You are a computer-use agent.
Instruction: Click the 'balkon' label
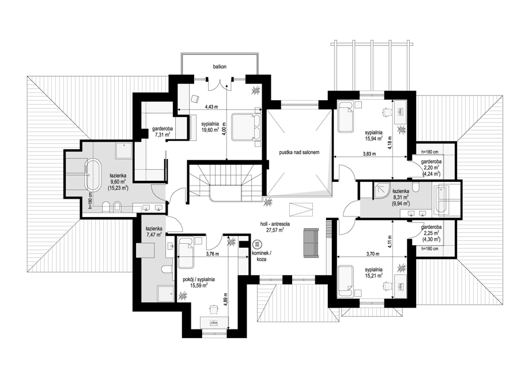220,67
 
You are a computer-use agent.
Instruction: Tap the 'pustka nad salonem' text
299,153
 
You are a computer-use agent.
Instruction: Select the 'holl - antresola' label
275,224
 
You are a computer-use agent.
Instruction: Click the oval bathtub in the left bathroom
92,175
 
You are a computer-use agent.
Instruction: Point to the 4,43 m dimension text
212,107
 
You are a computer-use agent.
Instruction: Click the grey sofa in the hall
311,242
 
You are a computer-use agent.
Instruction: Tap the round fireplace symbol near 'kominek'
257,244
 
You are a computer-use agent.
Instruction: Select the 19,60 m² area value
210,129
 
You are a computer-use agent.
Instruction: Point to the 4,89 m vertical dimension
225,298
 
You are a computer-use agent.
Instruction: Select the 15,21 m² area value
373,275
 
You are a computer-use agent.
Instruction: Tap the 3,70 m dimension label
373,254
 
